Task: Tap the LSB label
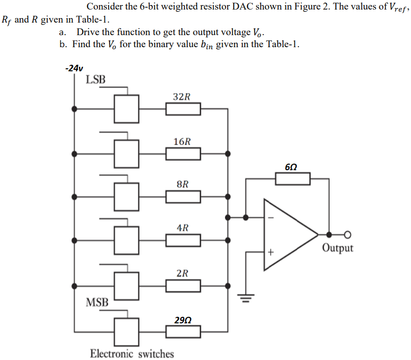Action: tap(95, 79)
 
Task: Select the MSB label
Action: tap(97, 302)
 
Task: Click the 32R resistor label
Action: tap(182, 96)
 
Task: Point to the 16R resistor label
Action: tap(182, 142)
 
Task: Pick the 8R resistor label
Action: tap(183, 184)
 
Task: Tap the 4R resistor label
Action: tap(183, 227)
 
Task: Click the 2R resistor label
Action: tap(183, 273)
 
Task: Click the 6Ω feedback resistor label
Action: tap(291, 166)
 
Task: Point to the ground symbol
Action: tap(246, 298)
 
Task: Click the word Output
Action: tap(338, 248)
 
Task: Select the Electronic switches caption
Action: tap(132, 353)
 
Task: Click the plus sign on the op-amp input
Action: tap(270, 253)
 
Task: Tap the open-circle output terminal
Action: tap(347, 234)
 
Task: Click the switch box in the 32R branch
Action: tap(126, 108)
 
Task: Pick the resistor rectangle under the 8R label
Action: tap(183, 196)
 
